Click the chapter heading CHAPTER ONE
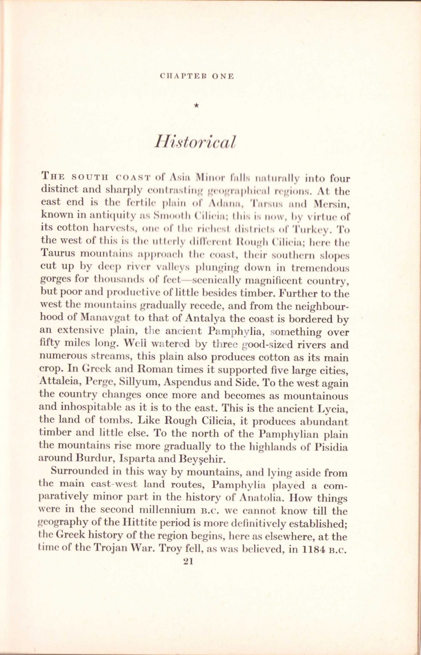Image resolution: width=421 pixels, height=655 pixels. (197, 76)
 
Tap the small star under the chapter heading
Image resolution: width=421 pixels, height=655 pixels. (197, 105)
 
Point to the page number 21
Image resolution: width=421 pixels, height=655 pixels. (188, 562)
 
